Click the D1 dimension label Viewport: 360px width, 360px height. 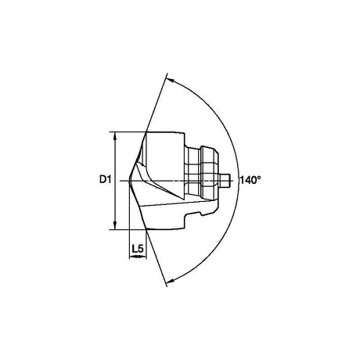point(106,179)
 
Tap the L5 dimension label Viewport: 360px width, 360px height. point(138,249)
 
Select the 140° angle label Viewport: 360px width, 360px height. point(250,180)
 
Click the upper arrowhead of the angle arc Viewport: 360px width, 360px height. point(170,80)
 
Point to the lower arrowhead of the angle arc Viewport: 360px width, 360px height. point(170,280)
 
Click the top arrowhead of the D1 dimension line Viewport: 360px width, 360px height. point(115,136)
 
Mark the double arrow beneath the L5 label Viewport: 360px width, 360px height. point(138,257)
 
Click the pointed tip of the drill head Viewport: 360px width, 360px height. point(130,182)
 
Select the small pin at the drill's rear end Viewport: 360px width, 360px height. point(225,181)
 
